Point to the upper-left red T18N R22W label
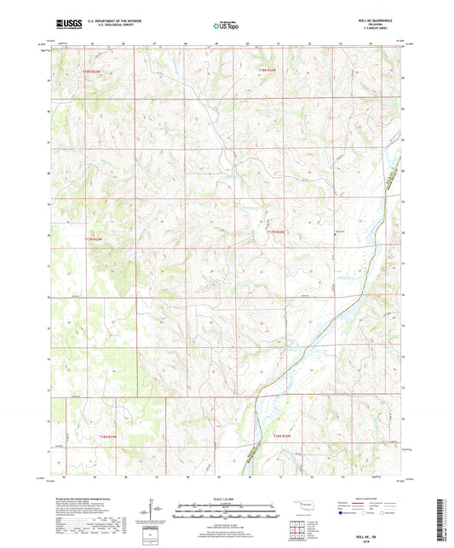click(98, 72)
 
